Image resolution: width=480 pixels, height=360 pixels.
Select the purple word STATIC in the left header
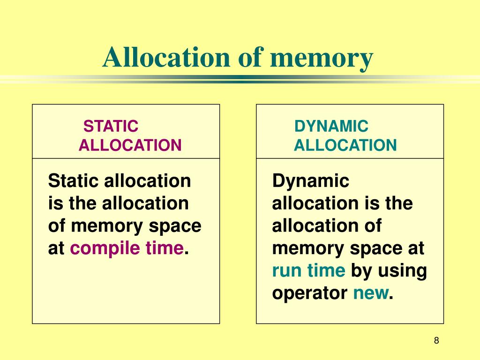111,126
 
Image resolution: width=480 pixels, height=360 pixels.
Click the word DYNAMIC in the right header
331,126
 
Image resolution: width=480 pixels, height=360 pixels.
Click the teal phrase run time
309,271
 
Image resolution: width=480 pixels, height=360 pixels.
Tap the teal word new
370,294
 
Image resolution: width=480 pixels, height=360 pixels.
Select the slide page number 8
436,341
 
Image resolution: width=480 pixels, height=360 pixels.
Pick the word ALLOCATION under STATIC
130,145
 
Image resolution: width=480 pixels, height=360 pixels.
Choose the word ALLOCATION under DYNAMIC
345,145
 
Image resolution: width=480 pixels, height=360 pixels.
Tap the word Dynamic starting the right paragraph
311,181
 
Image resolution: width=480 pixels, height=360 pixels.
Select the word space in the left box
175,226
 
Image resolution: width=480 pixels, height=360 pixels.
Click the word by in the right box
361,271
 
